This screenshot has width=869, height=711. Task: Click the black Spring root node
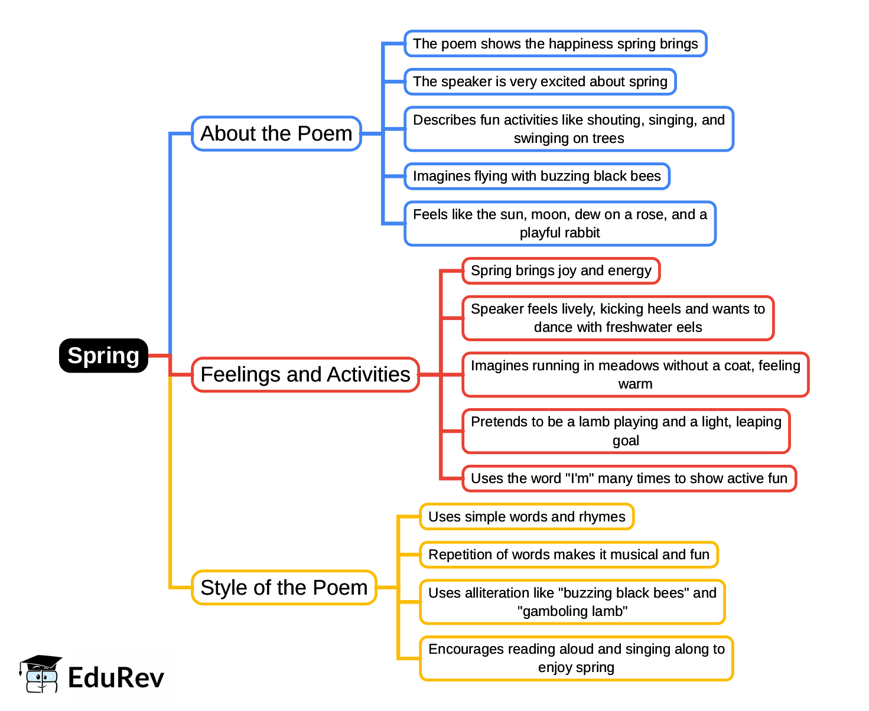click(x=103, y=355)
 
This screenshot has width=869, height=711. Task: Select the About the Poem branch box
click(x=276, y=133)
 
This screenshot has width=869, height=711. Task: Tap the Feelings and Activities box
click(x=305, y=374)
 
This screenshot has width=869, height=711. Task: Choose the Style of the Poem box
click(x=284, y=588)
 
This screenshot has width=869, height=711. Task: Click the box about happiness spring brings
click(x=555, y=44)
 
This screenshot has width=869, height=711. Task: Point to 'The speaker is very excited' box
click(x=540, y=81)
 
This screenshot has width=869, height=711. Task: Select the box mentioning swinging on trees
click(x=569, y=129)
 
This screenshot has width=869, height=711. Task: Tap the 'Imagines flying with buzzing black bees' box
click(x=537, y=176)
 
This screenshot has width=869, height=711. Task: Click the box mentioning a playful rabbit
click(x=560, y=223)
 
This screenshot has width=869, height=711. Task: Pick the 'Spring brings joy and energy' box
click(x=561, y=270)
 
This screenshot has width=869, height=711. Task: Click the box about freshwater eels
click(x=618, y=318)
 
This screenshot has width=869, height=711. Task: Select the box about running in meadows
click(x=636, y=374)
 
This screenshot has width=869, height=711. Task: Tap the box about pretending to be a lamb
click(x=626, y=431)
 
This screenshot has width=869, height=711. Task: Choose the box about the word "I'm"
click(x=629, y=478)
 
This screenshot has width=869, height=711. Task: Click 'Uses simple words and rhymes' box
click(x=527, y=517)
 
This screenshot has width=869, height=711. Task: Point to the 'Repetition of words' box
click(x=569, y=555)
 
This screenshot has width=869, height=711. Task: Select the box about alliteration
click(x=572, y=602)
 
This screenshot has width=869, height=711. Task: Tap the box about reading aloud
click(x=577, y=658)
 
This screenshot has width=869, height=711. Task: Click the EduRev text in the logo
click(x=116, y=677)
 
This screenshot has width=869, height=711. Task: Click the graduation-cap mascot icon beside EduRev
click(x=40, y=674)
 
